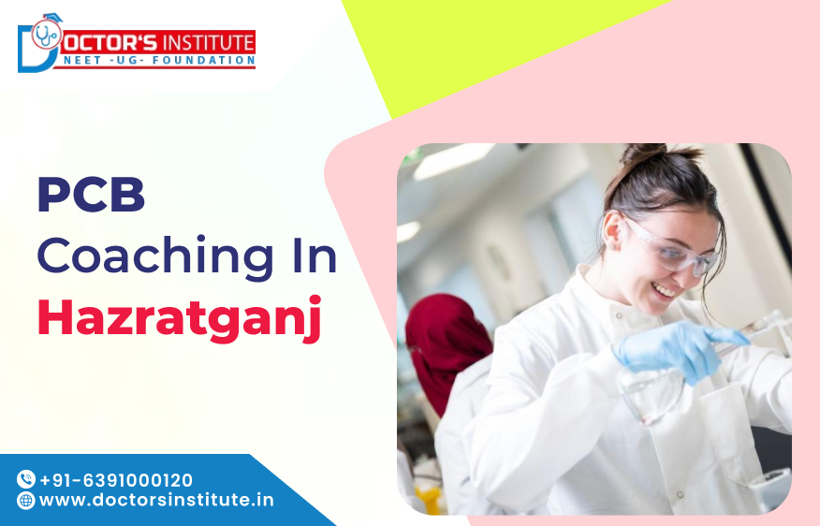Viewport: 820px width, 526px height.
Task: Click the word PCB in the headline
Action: [91, 197]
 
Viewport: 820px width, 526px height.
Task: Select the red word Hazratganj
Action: [179, 316]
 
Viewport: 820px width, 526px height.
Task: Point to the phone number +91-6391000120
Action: [116, 479]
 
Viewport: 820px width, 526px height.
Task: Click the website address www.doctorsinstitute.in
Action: [156, 500]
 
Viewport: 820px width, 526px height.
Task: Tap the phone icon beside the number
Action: [26, 479]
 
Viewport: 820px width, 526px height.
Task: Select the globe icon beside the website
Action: [26, 500]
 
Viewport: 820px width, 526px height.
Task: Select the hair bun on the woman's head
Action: [647, 153]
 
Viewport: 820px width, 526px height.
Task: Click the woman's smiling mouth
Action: [666, 291]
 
